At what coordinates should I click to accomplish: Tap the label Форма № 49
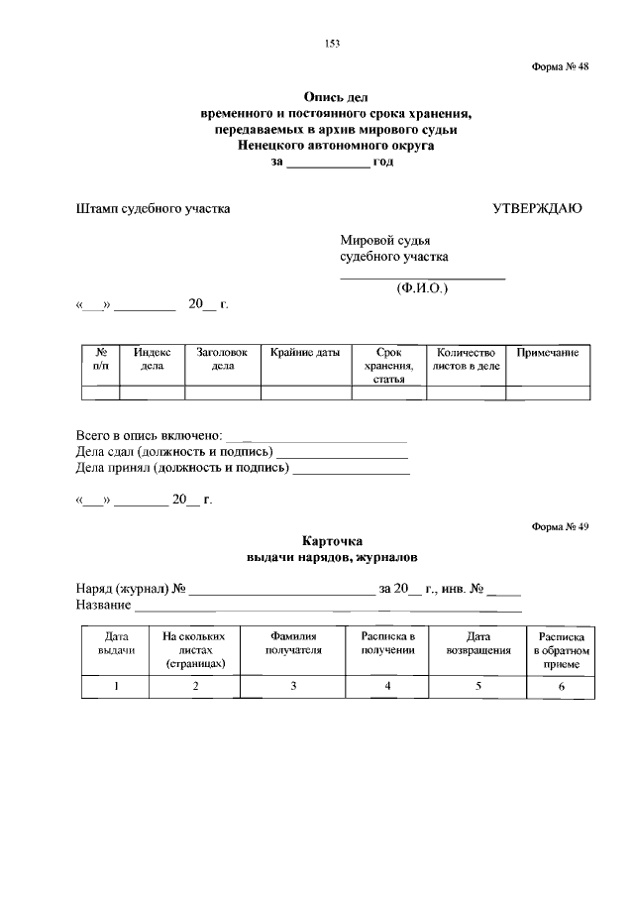pos(560,526)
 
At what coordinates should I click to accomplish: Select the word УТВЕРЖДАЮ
pos(537,209)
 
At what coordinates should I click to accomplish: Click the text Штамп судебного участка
pos(153,209)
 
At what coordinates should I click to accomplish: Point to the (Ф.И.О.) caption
pos(422,288)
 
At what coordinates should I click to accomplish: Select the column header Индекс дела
pos(152,359)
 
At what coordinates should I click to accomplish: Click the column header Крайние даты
pos(305,353)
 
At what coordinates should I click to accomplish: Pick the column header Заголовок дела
pos(223,359)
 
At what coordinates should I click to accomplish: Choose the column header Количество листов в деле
pos(466,359)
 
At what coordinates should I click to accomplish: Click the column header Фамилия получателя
pos(293,643)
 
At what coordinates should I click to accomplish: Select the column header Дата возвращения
pos(478,643)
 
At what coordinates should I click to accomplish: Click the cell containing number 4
pos(387,687)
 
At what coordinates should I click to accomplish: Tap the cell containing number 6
pos(561,687)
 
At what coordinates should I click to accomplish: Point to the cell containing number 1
pos(116,687)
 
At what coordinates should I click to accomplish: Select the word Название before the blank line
pos(103,605)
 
